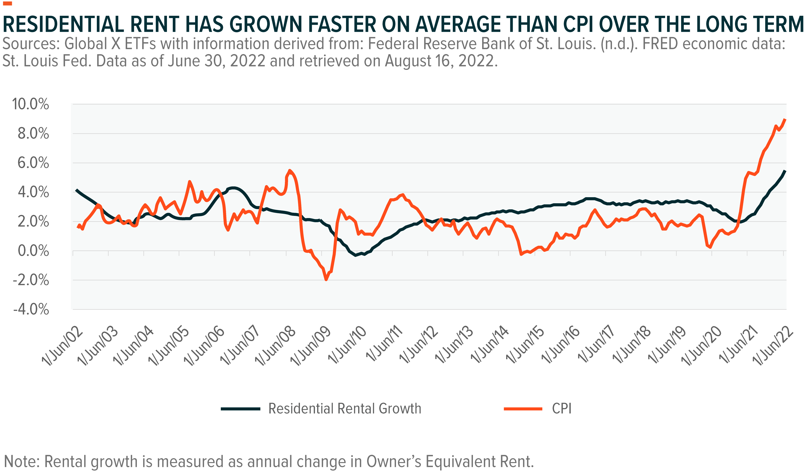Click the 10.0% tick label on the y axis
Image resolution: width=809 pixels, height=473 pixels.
(x=30, y=104)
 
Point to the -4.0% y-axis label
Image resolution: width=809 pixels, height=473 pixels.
(x=31, y=310)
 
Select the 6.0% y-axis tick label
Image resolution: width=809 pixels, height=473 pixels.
(x=33, y=163)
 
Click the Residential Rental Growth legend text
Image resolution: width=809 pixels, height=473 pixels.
(x=345, y=408)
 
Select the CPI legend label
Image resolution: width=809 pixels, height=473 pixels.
(x=561, y=408)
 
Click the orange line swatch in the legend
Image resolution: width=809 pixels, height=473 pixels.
(x=523, y=409)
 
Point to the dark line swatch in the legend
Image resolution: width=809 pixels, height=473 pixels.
(x=240, y=409)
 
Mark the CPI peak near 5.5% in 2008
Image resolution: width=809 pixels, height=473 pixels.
(x=289, y=170)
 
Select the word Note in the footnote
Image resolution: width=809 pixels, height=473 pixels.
(x=21, y=461)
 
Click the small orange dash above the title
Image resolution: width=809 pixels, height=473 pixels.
(x=7, y=4)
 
